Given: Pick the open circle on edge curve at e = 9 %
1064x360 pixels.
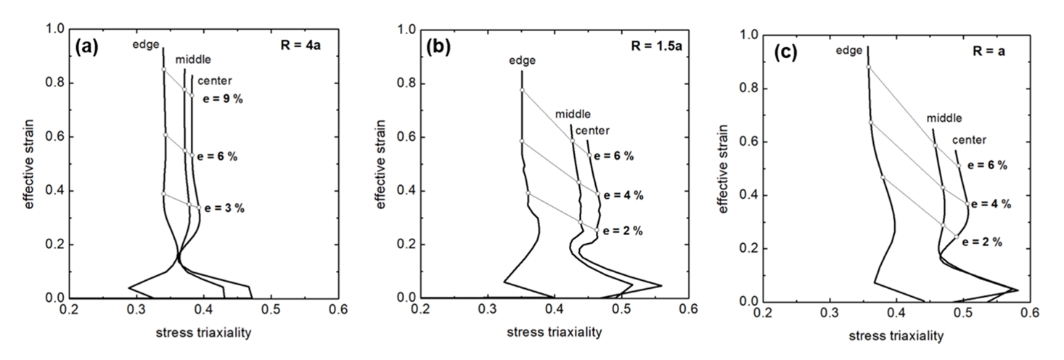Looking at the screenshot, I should coord(163,70).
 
